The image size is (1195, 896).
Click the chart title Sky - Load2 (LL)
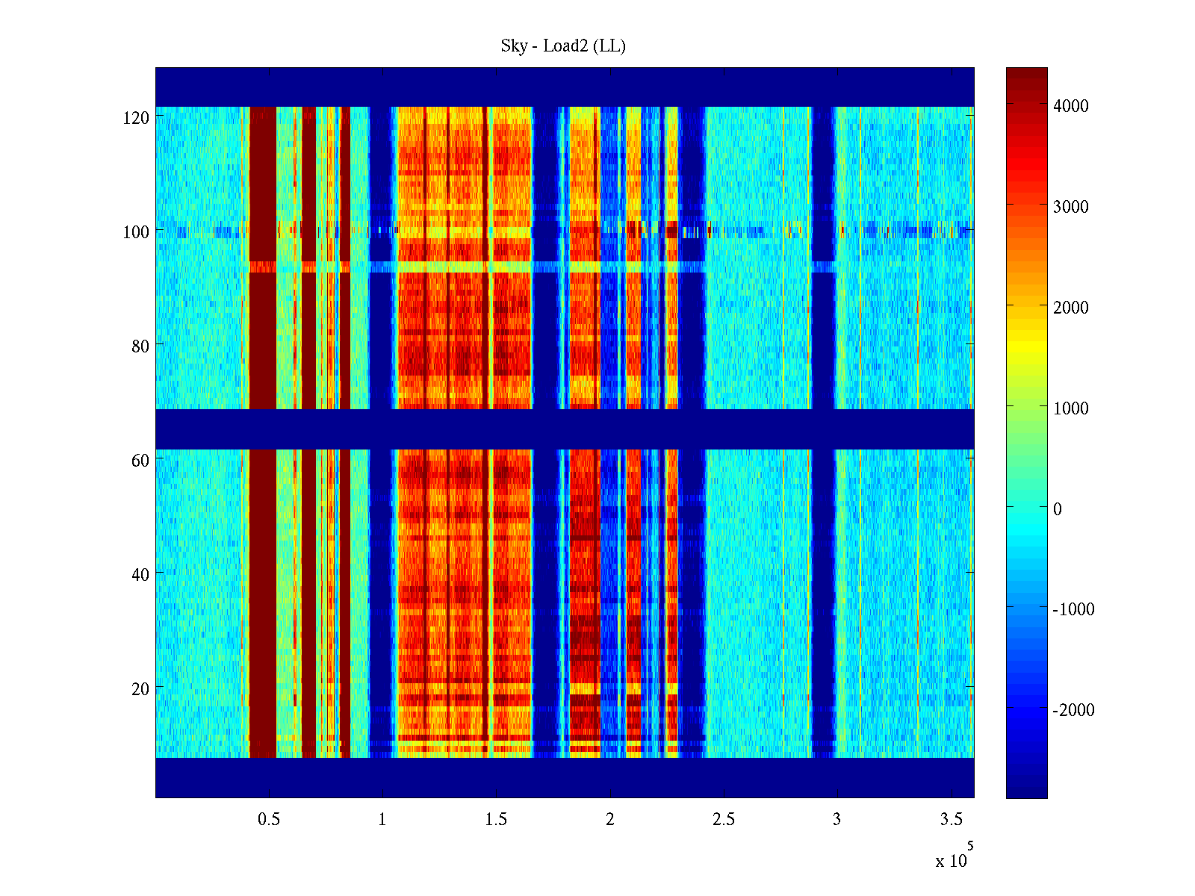coord(563,46)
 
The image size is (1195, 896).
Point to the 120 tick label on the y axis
coord(136,118)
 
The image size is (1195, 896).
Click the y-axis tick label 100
coord(136,232)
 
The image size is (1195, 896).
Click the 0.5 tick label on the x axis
coord(269,820)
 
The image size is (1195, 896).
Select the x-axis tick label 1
coord(382,820)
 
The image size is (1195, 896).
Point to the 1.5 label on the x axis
coord(496,820)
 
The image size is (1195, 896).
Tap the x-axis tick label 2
coord(610,820)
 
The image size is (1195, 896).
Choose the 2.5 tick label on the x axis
coord(724,820)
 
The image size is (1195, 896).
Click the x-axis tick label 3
coord(837,820)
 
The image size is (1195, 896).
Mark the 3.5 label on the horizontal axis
coord(952,820)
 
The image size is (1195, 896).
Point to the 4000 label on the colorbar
coord(1071,106)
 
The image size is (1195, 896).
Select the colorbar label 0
coord(1058,509)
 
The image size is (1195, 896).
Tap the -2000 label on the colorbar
coord(1073,710)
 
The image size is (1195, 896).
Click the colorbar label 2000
coord(1071,308)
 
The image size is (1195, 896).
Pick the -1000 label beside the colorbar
coord(1073,609)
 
